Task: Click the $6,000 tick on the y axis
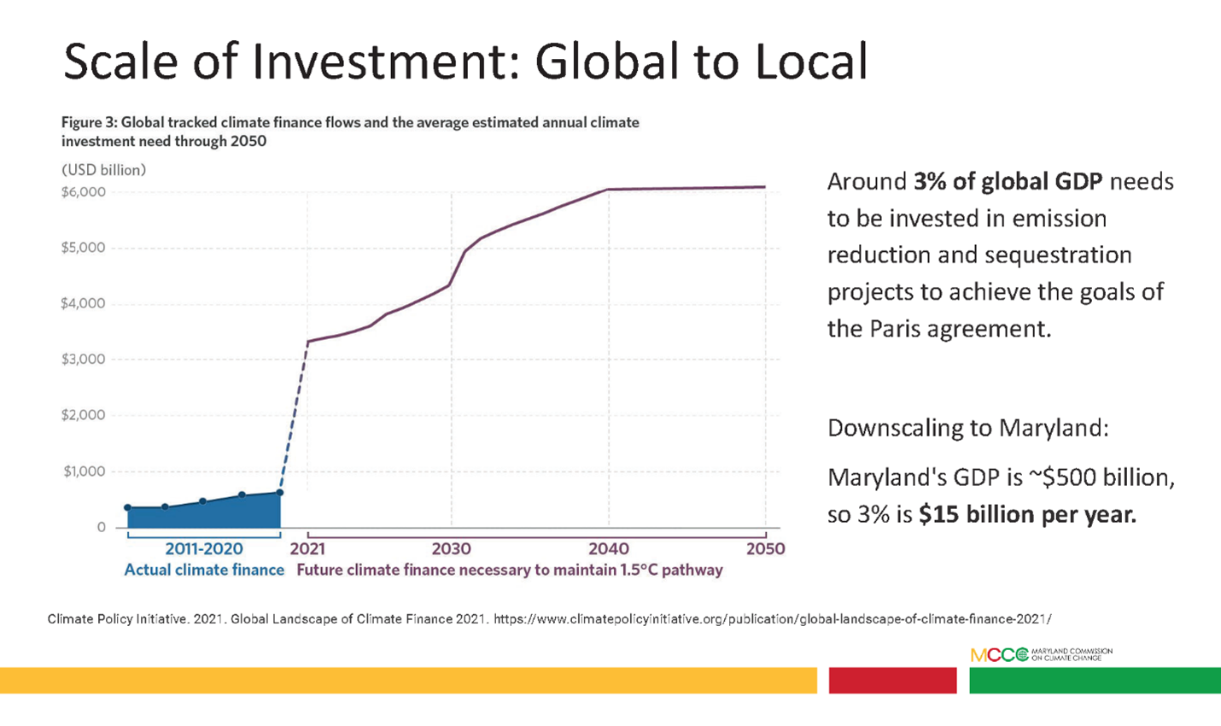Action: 84,192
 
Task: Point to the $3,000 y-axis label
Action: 84,360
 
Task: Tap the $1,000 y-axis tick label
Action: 84,471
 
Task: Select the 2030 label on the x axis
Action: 451,548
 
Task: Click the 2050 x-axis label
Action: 765,548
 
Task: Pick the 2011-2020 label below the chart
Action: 203,548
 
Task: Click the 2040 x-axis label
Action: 608,548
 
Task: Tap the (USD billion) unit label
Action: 103,170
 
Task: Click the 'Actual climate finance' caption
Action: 204,570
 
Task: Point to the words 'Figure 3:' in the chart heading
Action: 89,122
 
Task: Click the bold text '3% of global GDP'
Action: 1008,182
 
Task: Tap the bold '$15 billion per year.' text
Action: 1027,515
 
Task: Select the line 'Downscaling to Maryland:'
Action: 967,427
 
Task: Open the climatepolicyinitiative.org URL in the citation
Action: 772,618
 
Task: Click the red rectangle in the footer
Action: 892,680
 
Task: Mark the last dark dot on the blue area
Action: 280,493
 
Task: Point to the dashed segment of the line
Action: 294,419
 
